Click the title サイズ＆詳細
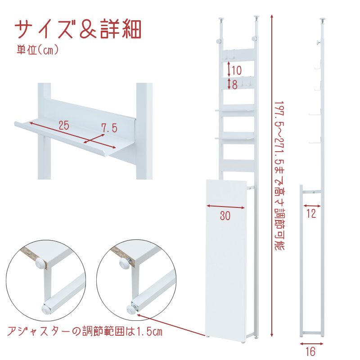[78, 29]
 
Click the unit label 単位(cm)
[38, 50]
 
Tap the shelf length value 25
[64, 126]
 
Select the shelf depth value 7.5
[109, 128]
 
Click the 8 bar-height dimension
[234, 85]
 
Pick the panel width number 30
[225, 216]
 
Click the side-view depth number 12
[311, 213]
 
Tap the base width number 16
[311, 351]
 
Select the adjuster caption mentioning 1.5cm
[85, 331]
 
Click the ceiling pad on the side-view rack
[323, 19]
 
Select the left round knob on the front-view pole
[219, 41]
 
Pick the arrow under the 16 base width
[311, 344]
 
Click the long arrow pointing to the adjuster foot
[171, 324]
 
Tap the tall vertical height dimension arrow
[272, 175]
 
